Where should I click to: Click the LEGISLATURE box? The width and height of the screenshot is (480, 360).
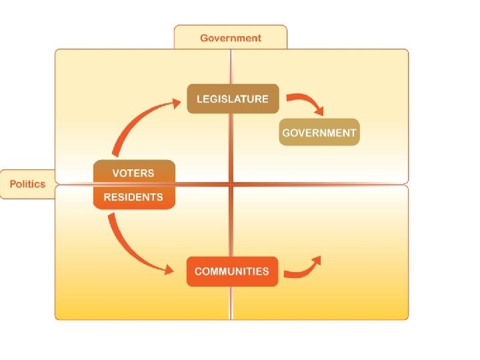(232, 99)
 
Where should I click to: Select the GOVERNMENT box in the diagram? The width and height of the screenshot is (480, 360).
(319, 132)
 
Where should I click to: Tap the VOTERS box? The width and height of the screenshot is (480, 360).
(133, 173)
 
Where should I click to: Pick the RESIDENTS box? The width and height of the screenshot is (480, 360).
(133, 197)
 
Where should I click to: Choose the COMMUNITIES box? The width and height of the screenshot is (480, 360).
(232, 271)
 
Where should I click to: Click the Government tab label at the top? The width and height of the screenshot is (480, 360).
(231, 37)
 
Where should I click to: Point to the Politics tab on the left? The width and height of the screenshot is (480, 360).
(27, 184)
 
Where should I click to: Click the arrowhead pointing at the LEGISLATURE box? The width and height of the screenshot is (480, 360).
(175, 103)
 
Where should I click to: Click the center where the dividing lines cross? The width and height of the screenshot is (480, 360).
(231, 184)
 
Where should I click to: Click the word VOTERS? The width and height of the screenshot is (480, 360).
(133, 173)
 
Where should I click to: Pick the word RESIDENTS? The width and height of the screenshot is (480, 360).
(133, 197)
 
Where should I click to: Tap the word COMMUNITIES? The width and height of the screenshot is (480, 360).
(232, 271)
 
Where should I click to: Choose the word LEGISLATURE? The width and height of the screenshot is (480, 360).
(232, 99)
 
